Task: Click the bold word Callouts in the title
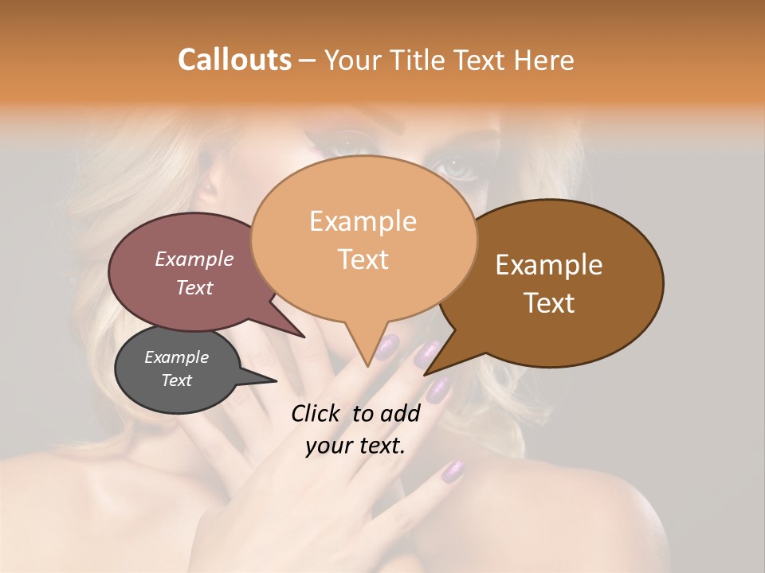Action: (x=234, y=60)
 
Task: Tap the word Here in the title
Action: (x=543, y=60)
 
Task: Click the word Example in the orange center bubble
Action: (x=363, y=221)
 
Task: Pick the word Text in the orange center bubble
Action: (x=363, y=259)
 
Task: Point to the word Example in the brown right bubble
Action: (x=549, y=265)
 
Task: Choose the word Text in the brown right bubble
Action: (x=550, y=303)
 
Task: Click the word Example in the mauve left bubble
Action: (x=194, y=259)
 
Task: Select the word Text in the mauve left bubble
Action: (x=194, y=287)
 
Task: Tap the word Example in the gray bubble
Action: (x=176, y=357)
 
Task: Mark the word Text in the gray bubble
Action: (x=177, y=380)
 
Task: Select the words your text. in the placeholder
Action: (x=355, y=446)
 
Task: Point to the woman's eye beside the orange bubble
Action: (x=456, y=170)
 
